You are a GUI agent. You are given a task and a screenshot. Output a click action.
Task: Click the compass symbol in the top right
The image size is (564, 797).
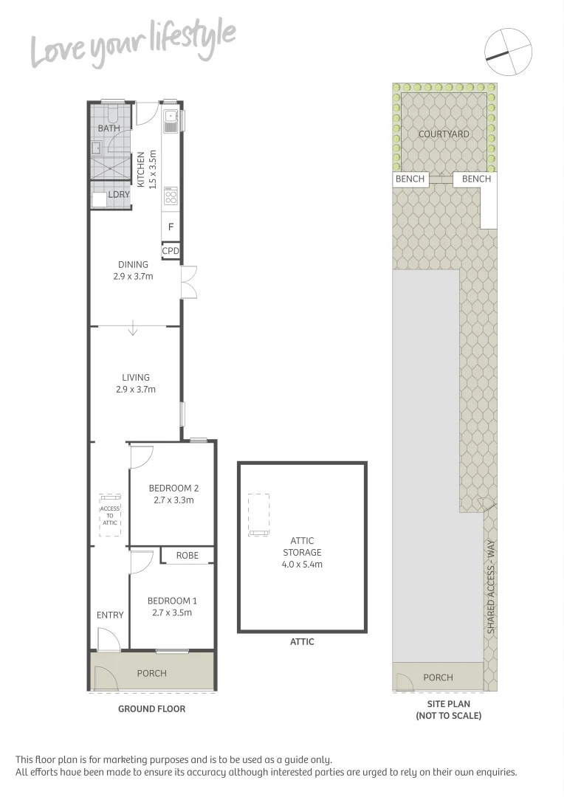click(x=508, y=50)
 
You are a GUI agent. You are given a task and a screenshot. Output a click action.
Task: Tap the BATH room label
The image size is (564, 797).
click(x=109, y=128)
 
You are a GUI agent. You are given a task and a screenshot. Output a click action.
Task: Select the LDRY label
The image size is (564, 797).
click(x=119, y=195)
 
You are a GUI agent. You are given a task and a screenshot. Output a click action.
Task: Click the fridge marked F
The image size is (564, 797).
click(x=171, y=227)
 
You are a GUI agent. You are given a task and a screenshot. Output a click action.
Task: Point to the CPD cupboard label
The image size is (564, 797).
click(x=171, y=251)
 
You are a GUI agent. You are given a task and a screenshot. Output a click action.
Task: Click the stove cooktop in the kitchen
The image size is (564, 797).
click(x=171, y=196)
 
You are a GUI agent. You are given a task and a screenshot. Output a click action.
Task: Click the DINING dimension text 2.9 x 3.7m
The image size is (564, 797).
click(x=134, y=277)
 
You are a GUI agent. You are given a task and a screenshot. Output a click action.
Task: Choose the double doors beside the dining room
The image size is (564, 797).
click(x=189, y=281)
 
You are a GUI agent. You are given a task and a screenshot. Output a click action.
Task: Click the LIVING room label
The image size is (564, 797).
click(x=136, y=378)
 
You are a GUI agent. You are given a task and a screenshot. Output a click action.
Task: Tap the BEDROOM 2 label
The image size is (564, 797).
click(x=173, y=488)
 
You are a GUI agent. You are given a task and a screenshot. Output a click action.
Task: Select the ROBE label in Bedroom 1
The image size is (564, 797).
click(x=188, y=555)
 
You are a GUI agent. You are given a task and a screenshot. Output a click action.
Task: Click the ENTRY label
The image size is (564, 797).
click(x=110, y=615)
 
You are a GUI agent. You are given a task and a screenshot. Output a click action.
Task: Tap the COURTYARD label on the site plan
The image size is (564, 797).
click(x=444, y=134)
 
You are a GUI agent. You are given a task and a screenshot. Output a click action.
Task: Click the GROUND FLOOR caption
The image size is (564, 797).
click(x=151, y=709)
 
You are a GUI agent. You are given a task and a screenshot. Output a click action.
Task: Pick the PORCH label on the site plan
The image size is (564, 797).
click(x=438, y=677)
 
